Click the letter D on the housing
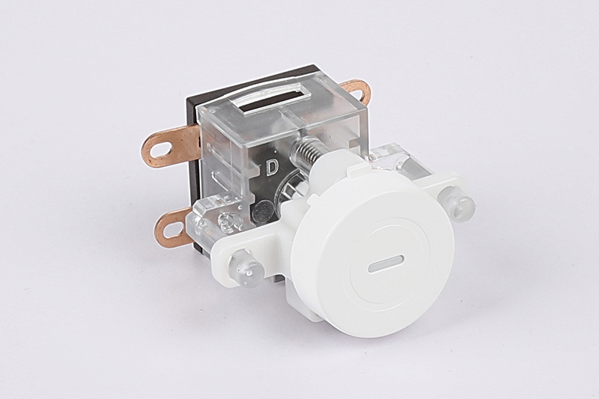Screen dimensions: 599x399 272,167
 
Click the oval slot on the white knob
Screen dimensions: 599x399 386,264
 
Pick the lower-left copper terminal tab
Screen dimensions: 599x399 173,227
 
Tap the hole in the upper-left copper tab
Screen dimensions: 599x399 159,150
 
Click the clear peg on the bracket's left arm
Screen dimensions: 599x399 244,268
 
